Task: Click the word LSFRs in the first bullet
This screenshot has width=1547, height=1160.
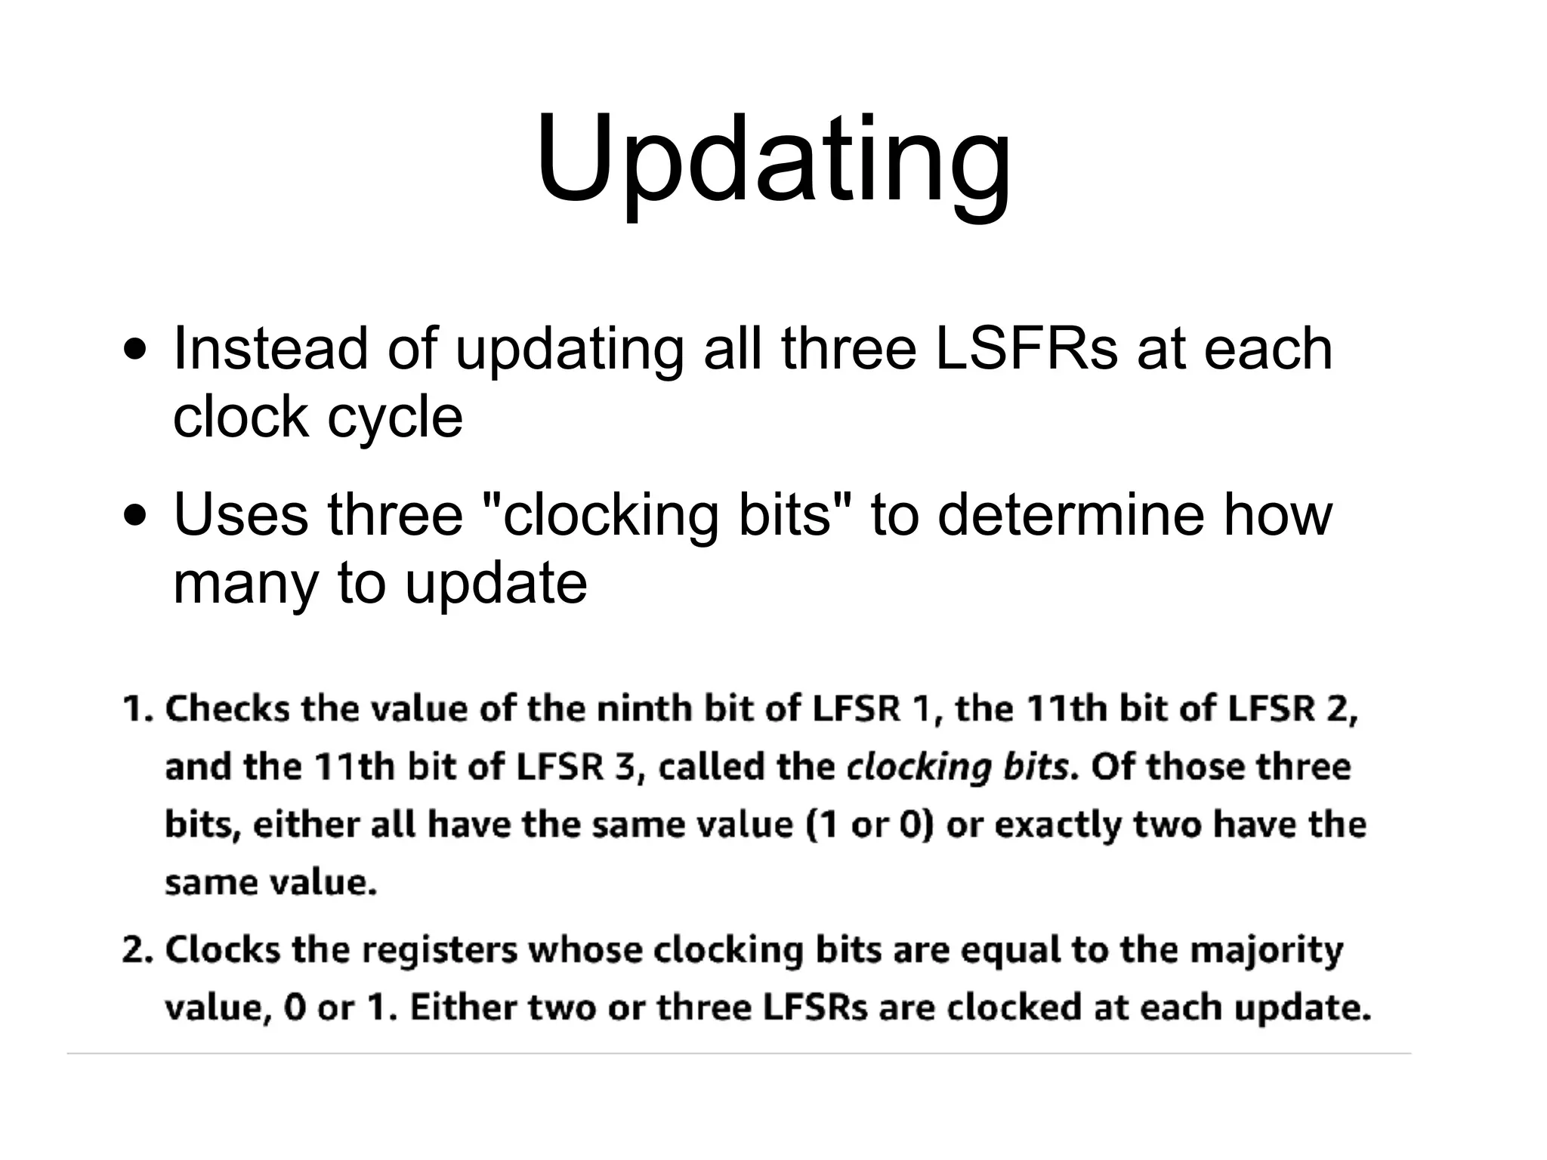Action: tap(1026, 349)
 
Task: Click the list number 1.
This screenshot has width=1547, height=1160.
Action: tap(137, 709)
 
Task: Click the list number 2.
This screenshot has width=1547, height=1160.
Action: tap(137, 949)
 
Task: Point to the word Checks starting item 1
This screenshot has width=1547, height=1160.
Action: tap(227, 709)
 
